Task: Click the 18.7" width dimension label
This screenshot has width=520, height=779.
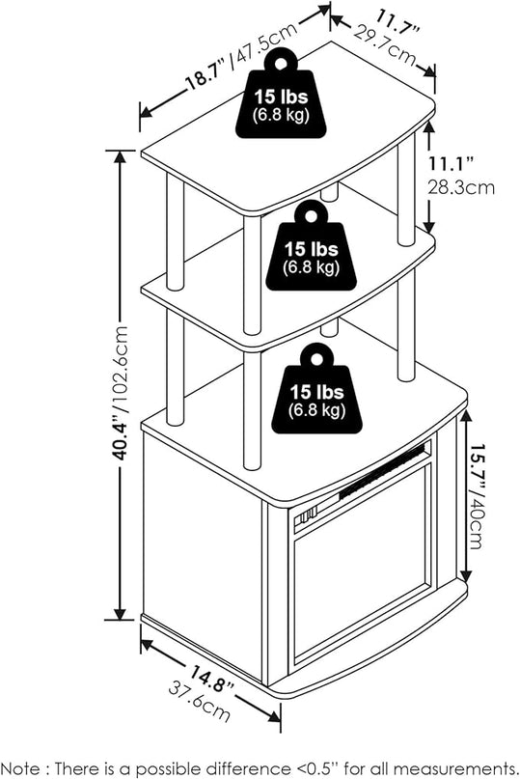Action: point(206,73)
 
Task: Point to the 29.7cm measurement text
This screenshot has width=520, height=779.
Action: point(385,45)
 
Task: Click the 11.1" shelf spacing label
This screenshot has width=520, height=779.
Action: point(452,162)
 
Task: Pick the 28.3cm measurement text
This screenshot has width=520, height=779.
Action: point(461,187)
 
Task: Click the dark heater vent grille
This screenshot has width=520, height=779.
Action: point(382,473)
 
